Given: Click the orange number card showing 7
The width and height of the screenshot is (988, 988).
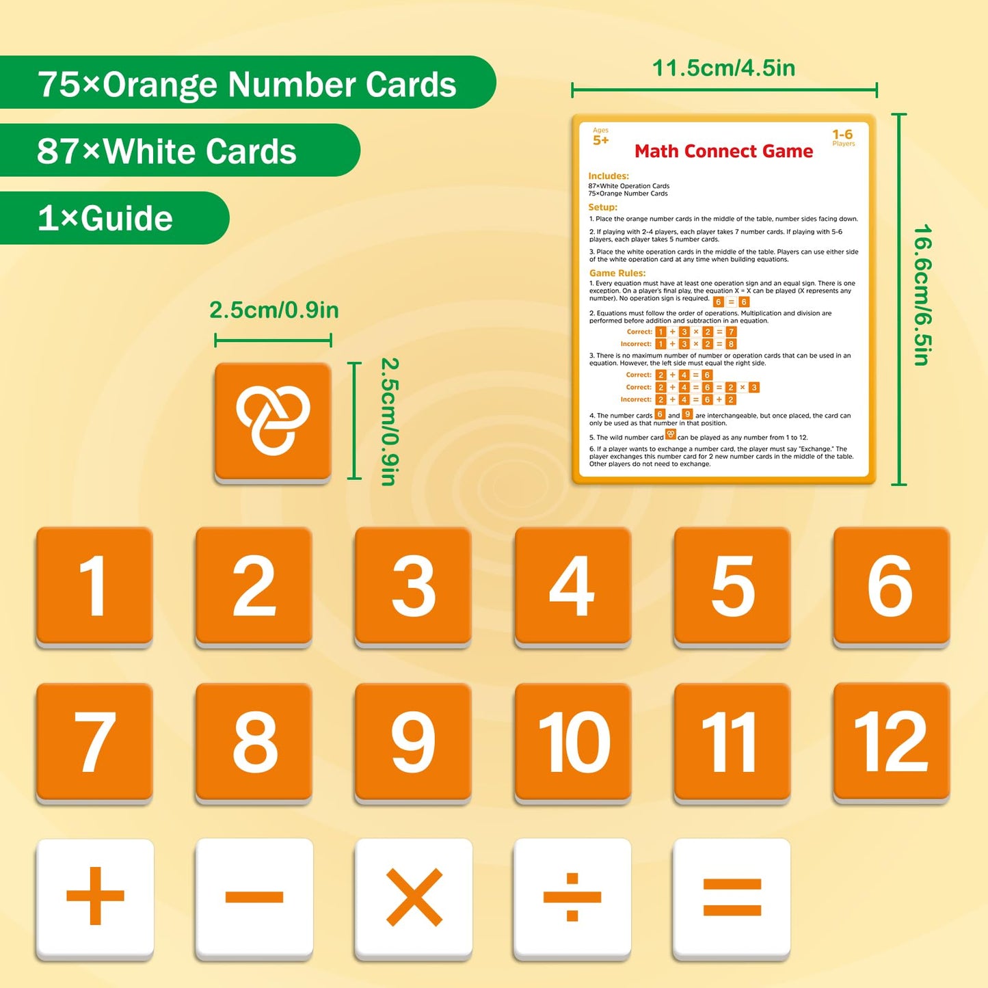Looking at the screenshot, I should click(94, 741).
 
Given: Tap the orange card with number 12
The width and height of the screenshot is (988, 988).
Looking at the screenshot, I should click(892, 741).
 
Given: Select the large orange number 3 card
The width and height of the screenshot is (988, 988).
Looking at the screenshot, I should click(413, 585).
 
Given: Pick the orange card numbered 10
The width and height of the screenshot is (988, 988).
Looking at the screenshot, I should click(573, 741).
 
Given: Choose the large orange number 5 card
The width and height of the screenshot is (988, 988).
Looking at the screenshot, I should click(732, 585).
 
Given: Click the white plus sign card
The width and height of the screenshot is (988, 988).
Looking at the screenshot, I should click(95, 897).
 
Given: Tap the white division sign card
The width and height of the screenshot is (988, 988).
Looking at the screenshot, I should click(572, 897).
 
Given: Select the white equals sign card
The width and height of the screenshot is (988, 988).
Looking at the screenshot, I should click(732, 897).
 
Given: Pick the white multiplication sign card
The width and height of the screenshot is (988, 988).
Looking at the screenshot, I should click(414, 897).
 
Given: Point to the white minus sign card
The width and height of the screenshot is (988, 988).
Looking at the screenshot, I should click(254, 897).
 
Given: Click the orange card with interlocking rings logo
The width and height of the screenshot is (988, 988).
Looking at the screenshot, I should click(273, 421).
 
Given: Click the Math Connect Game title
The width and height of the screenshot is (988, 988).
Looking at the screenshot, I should click(723, 151).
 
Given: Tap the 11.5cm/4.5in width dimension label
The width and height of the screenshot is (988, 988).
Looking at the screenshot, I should click(723, 68).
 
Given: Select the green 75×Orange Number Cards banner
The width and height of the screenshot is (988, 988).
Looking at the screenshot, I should click(246, 83).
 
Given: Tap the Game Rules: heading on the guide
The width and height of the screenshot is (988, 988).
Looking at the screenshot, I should click(617, 273).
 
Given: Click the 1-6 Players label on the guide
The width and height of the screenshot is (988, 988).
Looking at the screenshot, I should click(843, 137).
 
